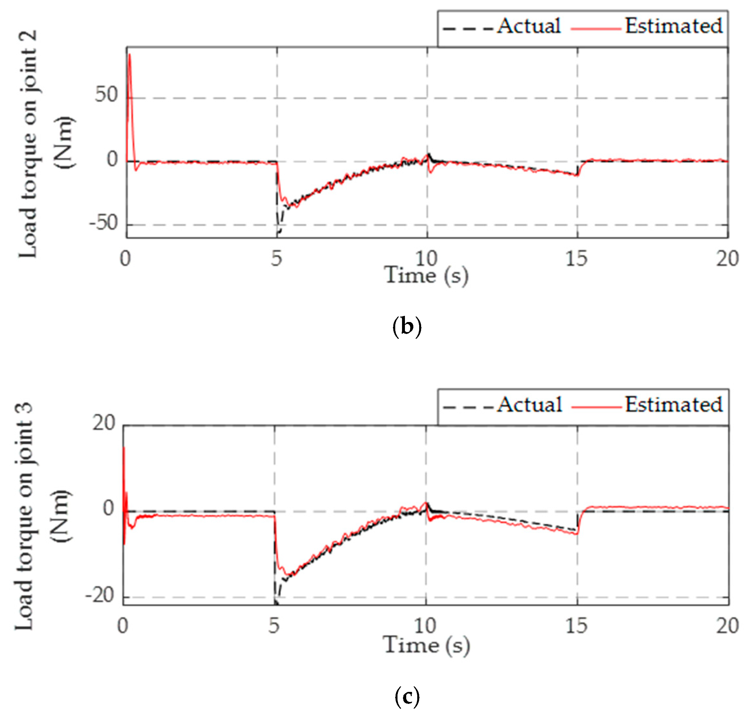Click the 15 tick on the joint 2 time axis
[576, 259]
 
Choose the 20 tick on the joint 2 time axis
[727, 259]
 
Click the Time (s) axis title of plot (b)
[426, 275]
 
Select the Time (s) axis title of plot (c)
[426, 645]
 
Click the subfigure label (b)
[407, 327]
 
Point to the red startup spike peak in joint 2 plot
[129, 55]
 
